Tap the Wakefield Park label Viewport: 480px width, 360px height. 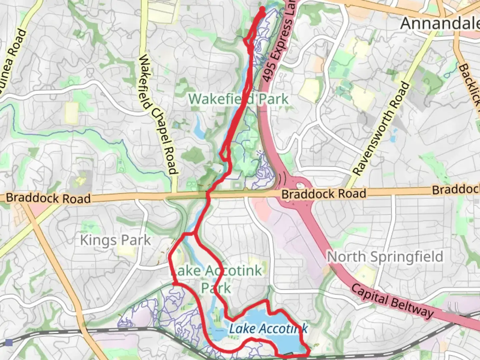[238, 99]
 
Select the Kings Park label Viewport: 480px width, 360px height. [115, 240]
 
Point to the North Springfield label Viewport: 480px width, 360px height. [385, 257]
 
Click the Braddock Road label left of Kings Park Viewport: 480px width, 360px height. [48, 198]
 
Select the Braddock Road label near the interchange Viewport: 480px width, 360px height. [324, 194]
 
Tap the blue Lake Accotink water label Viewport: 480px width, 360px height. [268, 329]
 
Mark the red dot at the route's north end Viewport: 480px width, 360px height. [262, 9]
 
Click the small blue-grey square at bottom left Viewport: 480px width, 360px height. [9, 343]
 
